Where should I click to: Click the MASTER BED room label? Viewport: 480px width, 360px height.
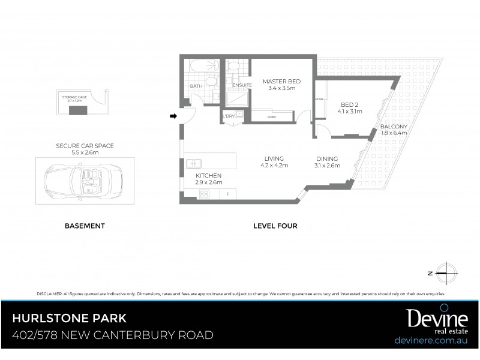tap(282, 81)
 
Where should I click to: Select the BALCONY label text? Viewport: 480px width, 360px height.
tap(394, 127)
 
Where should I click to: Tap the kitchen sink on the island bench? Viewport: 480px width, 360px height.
tap(194, 163)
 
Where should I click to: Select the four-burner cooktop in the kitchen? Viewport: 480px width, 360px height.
tap(204, 194)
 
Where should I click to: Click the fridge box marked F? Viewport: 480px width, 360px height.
tap(227, 194)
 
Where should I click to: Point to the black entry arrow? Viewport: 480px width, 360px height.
tap(174, 116)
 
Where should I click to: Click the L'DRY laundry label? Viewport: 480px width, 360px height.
tap(229, 116)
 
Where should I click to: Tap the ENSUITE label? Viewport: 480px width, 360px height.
tap(241, 86)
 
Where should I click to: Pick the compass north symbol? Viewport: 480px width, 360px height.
tap(445, 273)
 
